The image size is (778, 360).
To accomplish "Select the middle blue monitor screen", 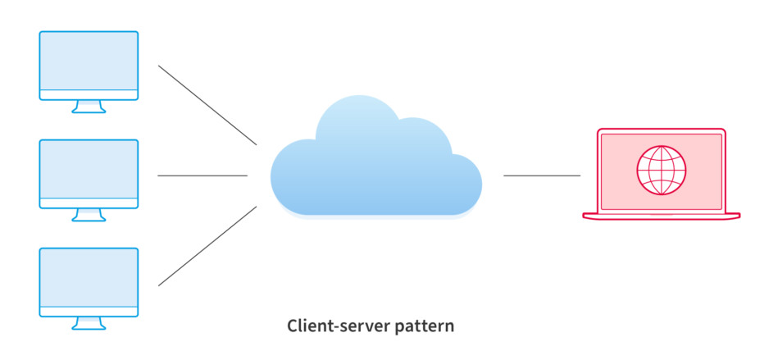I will pyautogui.click(x=89, y=169).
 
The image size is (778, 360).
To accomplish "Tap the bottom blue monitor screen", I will pyautogui.click(x=89, y=277).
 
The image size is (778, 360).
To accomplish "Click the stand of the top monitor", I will pyautogui.click(x=89, y=107).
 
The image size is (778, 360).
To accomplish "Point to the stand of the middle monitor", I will pyautogui.click(x=89, y=215).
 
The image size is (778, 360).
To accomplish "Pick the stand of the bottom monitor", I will pyautogui.click(x=89, y=323).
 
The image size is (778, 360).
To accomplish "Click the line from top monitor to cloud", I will pyautogui.click(x=207, y=105).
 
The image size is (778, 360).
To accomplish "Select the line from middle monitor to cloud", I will pyautogui.click(x=202, y=175).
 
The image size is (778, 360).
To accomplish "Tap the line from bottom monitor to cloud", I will pyautogui.click(x=207, y=246).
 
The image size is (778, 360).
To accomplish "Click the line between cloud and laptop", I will pyautogui.click(x=541, y=175).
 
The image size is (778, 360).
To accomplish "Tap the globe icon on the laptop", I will pyautogui.click(x=661, y=171).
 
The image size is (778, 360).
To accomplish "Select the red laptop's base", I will pyautogui.click(x=661, y=216).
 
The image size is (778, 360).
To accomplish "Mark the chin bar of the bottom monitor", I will pyautogui.click(x=89, y=311).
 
